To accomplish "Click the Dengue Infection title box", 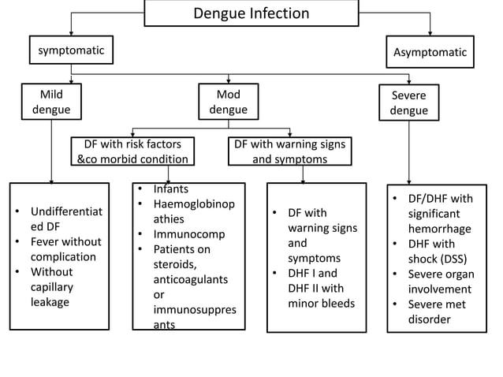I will (251, 14).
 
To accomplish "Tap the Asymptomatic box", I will (430, 53).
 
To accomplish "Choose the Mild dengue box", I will (51, 103).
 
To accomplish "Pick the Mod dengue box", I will (228, 103).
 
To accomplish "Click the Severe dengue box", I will (408, 103).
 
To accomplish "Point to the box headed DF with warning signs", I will (289, 151).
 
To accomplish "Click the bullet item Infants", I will (170, 190).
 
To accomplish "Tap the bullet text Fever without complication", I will (65, 249).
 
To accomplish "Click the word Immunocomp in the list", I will (188, 234).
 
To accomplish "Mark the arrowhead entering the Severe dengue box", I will (408, 83).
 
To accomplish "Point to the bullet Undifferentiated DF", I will (66, 219).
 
